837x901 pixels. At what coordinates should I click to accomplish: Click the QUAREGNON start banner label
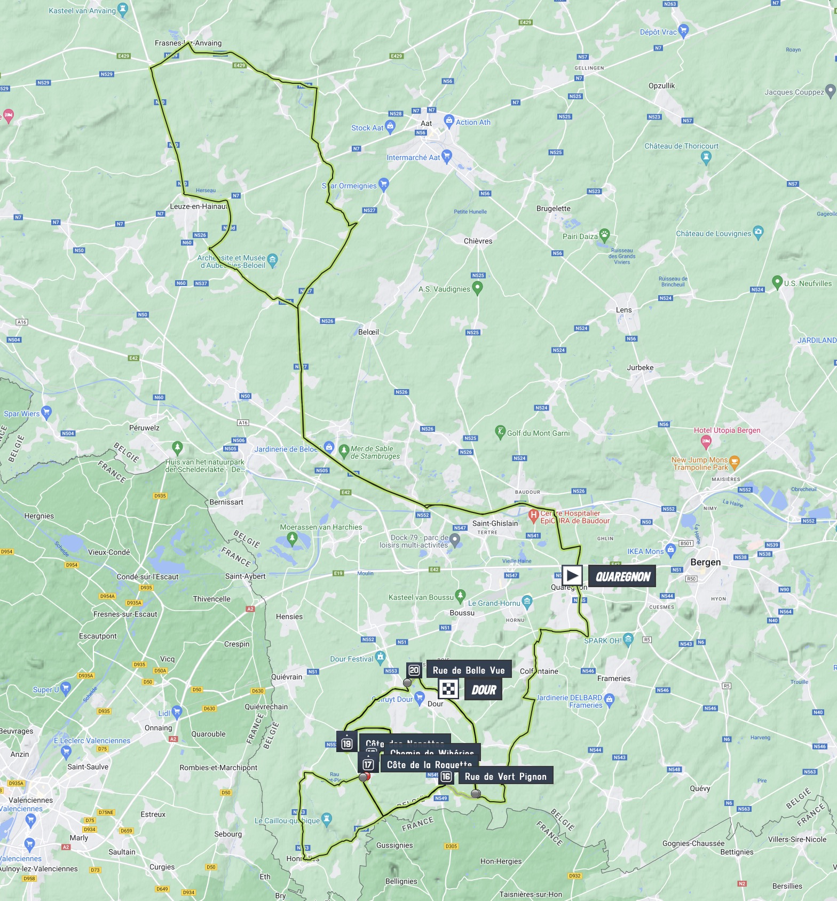pos(622,576)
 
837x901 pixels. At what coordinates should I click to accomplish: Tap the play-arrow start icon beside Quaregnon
pos(572,575)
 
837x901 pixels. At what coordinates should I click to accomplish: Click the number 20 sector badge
pos(414,670)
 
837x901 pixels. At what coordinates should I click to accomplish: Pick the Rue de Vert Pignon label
pos(506,777)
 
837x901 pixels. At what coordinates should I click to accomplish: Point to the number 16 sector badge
pos(446,777)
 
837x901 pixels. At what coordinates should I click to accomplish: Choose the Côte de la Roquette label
pos(429,765)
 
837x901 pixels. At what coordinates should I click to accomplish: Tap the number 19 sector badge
pos(347,744)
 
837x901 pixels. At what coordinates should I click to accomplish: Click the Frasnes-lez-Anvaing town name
pos(188,43)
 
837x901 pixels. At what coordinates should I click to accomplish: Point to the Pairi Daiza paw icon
pos(604,234)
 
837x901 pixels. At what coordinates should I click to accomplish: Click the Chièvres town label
pos(478,241)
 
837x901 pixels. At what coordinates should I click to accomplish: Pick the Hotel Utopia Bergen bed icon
pos(706,441)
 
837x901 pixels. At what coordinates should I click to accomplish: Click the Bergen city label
pos(705,562)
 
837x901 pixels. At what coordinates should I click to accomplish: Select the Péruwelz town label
pos(144,428)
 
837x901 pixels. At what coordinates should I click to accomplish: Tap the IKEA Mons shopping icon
pos(671,550)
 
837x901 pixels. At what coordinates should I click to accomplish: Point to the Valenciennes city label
pos(31,800)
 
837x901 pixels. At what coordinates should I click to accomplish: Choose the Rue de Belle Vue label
pos(468,670)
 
